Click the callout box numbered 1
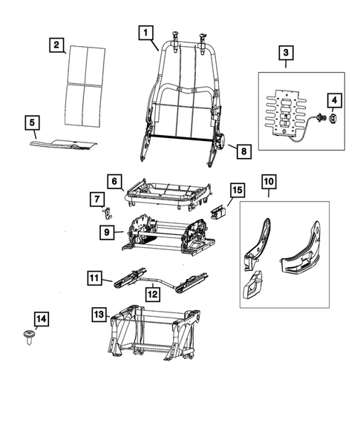[145, 33]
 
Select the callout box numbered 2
[55, 45]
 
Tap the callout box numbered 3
[286, 53]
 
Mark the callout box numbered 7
[97, 199]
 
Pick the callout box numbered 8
[243, 151]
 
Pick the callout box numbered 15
[235, 191]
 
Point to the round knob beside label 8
[221, 140]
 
